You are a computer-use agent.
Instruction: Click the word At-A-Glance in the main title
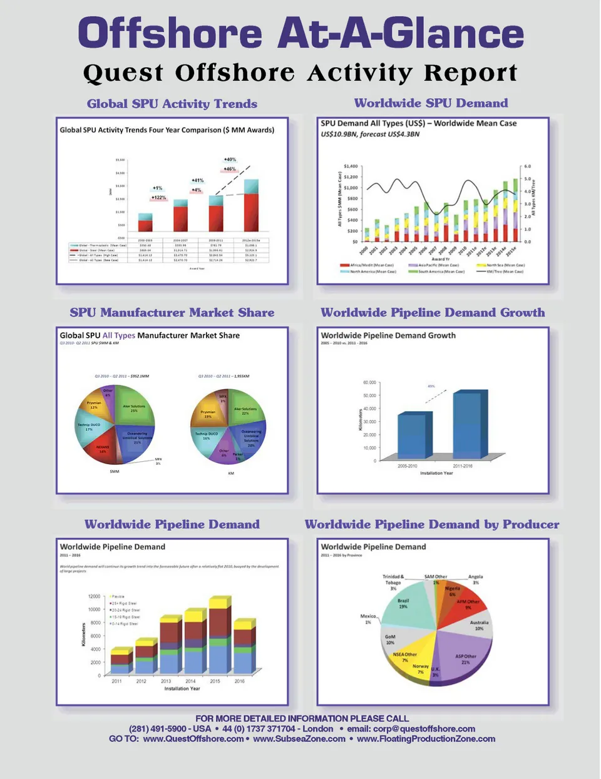pyautogui.click(x=401, y=33)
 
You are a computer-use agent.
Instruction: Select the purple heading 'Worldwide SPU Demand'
pyautogui.click(x=431, y=103)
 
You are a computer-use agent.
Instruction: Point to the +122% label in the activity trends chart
pyautogui.click(x=158, y=198)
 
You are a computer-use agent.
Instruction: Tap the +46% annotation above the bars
pyautogui.click(x=230, y=169)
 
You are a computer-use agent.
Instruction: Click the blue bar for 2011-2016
pyautogui.click(x=467, y=424)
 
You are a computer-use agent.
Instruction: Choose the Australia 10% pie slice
pyautogui.click(x=478, y=624)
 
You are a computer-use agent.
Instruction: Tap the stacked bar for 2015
pyautogui.click(x=219, y=638)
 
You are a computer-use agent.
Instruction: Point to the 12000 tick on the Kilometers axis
pyautogui.click(x=94, y=596)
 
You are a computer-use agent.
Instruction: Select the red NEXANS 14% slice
pyautogui.click(x=102, y=449)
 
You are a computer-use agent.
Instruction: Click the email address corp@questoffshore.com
pyautogui.click(x=424, y=729)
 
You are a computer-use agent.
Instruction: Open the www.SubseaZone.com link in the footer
pyautogui.click(x=299, y=739)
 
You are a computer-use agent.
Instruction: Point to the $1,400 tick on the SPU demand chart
pyautogui.click(x=351, y=166)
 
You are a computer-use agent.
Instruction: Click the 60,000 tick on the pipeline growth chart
pyautogui.click(x=369, y=382)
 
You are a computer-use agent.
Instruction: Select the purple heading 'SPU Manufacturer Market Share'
pyautogui.click(x=172, y=313)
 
